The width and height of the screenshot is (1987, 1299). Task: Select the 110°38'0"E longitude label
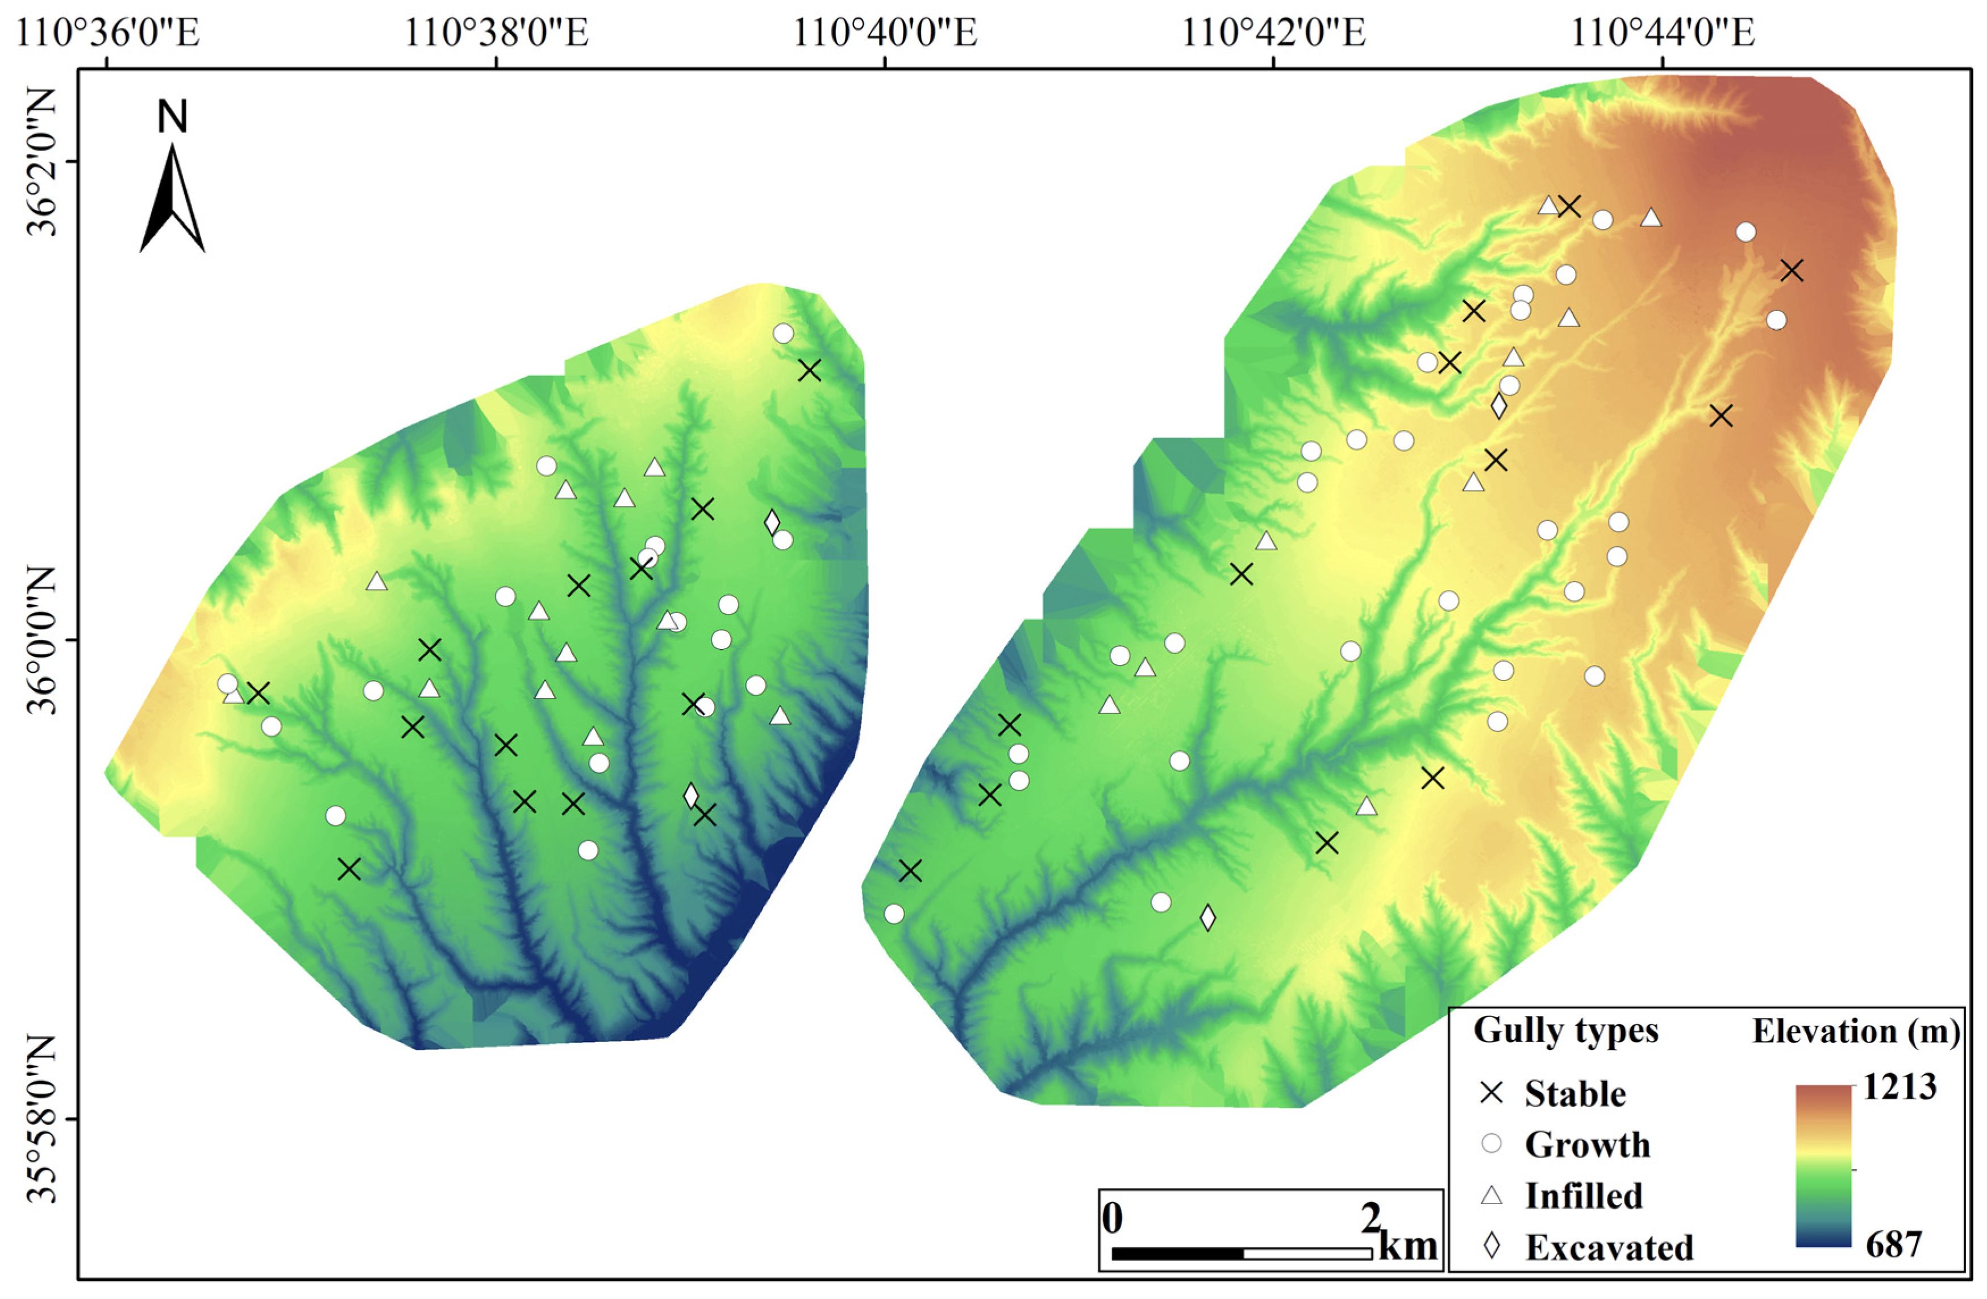point(496,34)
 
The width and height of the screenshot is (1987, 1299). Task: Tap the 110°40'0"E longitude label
point(884,34)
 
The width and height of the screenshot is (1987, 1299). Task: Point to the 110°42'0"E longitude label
point(1273,34)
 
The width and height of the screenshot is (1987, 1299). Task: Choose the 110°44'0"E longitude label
point(1662,34)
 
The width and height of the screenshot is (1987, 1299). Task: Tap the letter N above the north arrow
point(173,117)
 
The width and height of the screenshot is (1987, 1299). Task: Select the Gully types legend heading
point(1565,1030)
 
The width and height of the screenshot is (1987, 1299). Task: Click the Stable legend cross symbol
point(1491,1093)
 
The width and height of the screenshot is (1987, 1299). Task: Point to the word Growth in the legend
point(1587,1144)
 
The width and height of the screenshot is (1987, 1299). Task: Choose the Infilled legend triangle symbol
point(1491,1196)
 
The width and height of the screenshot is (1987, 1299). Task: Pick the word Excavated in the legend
point(1609,1247)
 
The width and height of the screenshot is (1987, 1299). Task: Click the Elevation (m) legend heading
point(1855,1031)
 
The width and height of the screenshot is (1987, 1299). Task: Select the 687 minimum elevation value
point(1893,1244)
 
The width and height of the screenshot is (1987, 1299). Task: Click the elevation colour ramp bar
point(1823,1165)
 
